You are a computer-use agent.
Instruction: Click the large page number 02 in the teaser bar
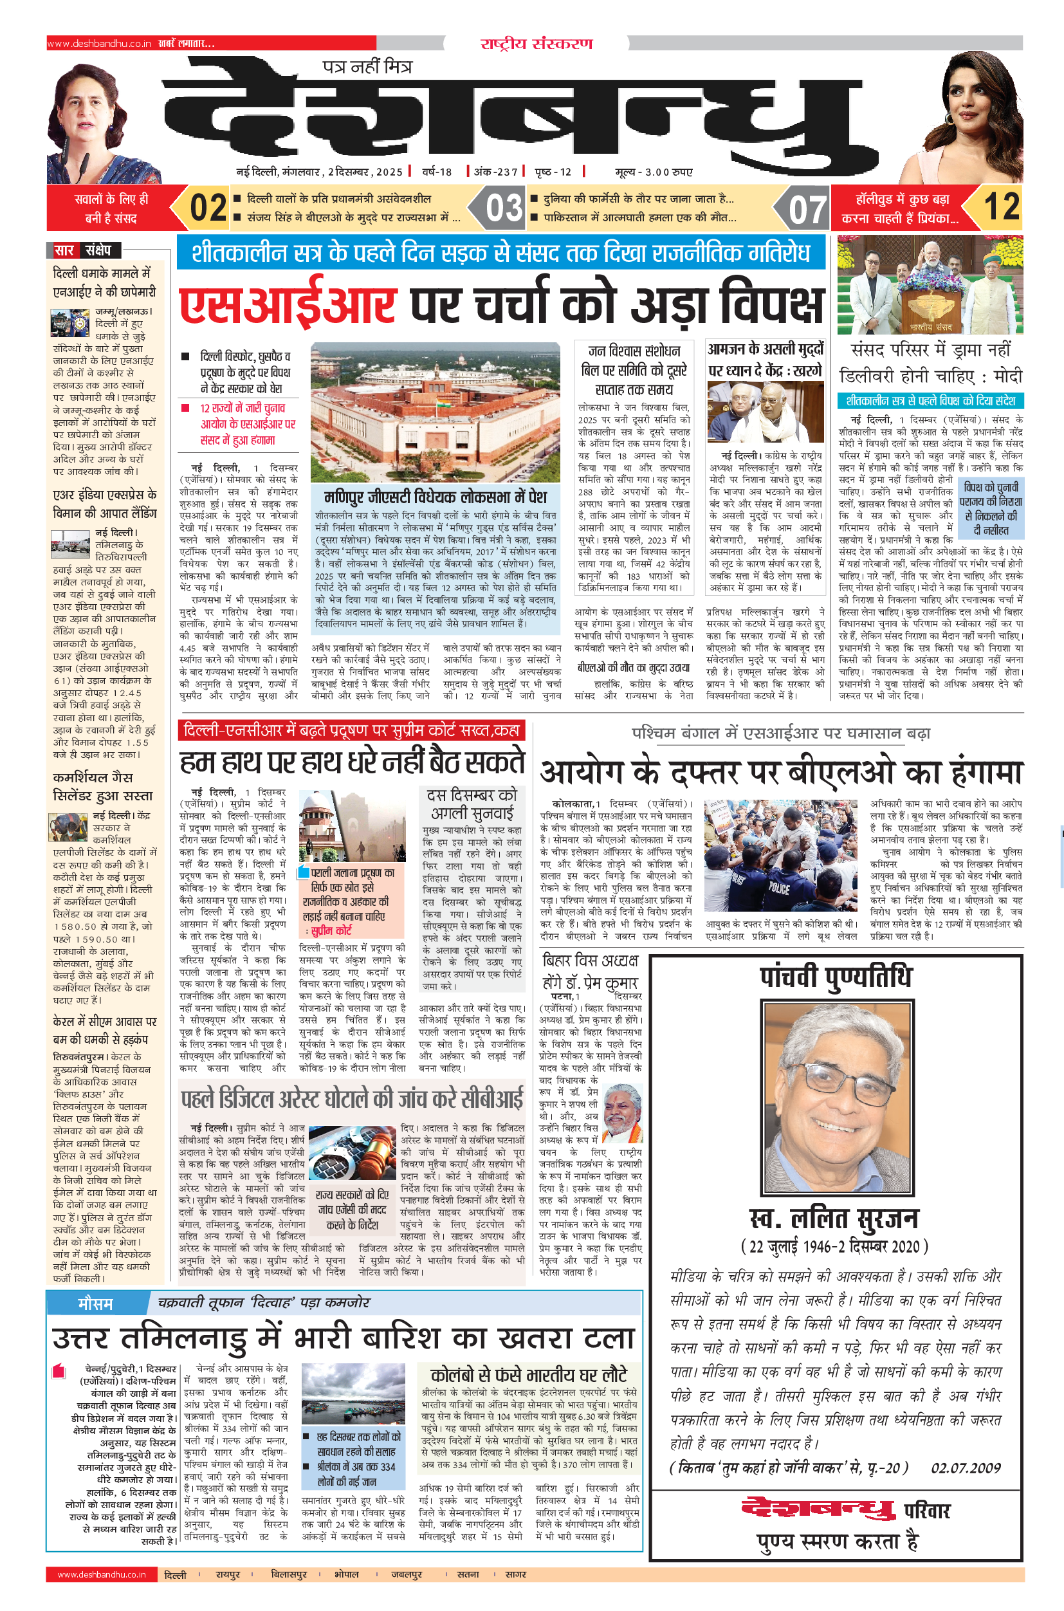point(208,208)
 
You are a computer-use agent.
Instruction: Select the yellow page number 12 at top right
point(1002,207)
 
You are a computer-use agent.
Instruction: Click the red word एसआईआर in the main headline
point(288,305)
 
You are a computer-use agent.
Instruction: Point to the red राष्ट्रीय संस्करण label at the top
point(536,44)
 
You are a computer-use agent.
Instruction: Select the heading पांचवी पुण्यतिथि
point(836,977)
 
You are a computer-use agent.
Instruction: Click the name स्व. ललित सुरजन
point(834,1219)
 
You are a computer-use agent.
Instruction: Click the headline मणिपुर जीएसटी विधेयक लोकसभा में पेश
point(435,497)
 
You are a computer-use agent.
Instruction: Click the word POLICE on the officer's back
point(778,888)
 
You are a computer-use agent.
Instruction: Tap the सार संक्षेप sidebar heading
point(83,250)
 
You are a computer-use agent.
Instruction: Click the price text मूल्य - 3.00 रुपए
point(653,172)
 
